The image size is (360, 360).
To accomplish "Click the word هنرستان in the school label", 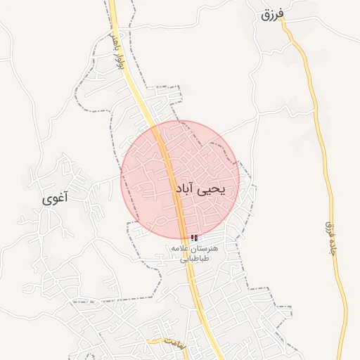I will (x=205, y=249).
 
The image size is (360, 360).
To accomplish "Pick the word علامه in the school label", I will (x=179, y=249).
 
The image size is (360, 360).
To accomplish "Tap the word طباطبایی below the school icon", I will (x=192, y=259).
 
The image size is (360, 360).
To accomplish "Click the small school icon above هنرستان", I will (x=194, y=238).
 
